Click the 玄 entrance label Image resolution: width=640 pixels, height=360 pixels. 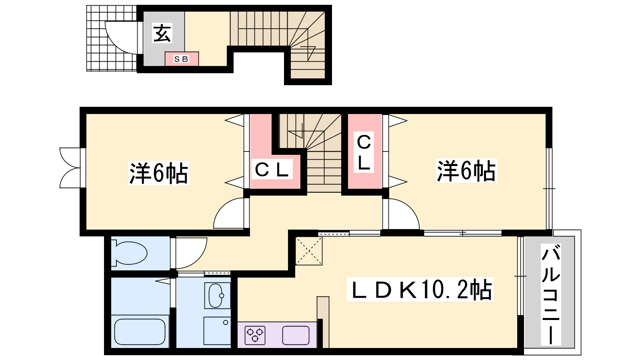click(x=162, y=33)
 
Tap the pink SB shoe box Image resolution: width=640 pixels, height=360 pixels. click(x=182, y=59)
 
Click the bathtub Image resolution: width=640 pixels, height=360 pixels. click(x=140, y=332)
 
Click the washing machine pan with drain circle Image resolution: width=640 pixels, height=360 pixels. click(x=217, y=331)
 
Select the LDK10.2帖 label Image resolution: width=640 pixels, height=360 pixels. click(x=420, y=289)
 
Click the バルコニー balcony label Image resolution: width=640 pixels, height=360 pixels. click(x=551, y=294)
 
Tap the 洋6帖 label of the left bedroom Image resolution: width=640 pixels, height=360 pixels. click(x=159, y=173)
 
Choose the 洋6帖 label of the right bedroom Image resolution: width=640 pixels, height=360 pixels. click(x=466, y=170)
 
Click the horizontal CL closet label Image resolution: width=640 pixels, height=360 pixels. click(x=272, y=169)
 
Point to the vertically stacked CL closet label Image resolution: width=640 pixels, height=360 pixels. click(x=364, y=152)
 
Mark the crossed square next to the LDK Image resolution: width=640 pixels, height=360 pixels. click(x=309, y=251)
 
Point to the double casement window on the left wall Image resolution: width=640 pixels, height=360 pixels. click(x=70, y=168)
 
